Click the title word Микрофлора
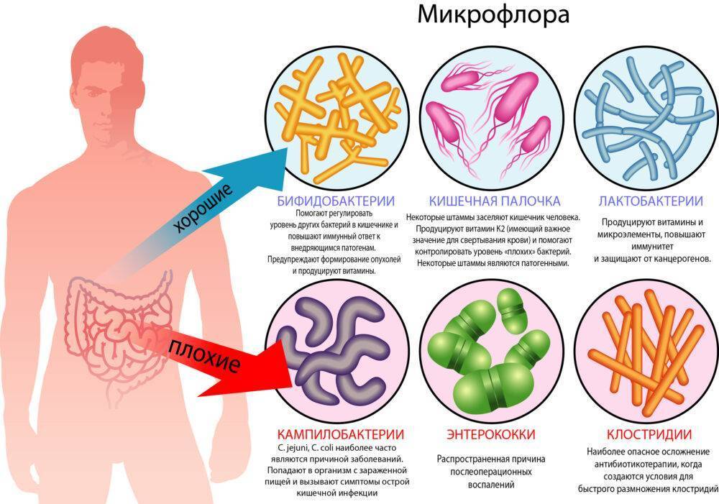[x=493, y=14]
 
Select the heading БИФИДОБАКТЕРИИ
[x=336, y=201]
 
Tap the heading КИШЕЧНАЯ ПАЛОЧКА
[x=495, y=201]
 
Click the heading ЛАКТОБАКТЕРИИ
[x=651, y=201]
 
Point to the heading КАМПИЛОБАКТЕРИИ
[x=340, y=434]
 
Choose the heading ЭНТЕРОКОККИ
[x=490, y=434]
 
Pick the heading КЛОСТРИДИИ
[x=649, y=434]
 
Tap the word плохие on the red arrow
[x=204, y=356]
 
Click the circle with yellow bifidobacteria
[x=338, y=119]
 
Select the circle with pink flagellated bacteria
[x=492, y=119]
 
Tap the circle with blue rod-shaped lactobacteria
[x=646, y=119]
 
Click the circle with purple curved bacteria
[x=338, y=351]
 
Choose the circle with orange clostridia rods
[x=646, y=351]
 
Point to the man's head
[x=109, y=87]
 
